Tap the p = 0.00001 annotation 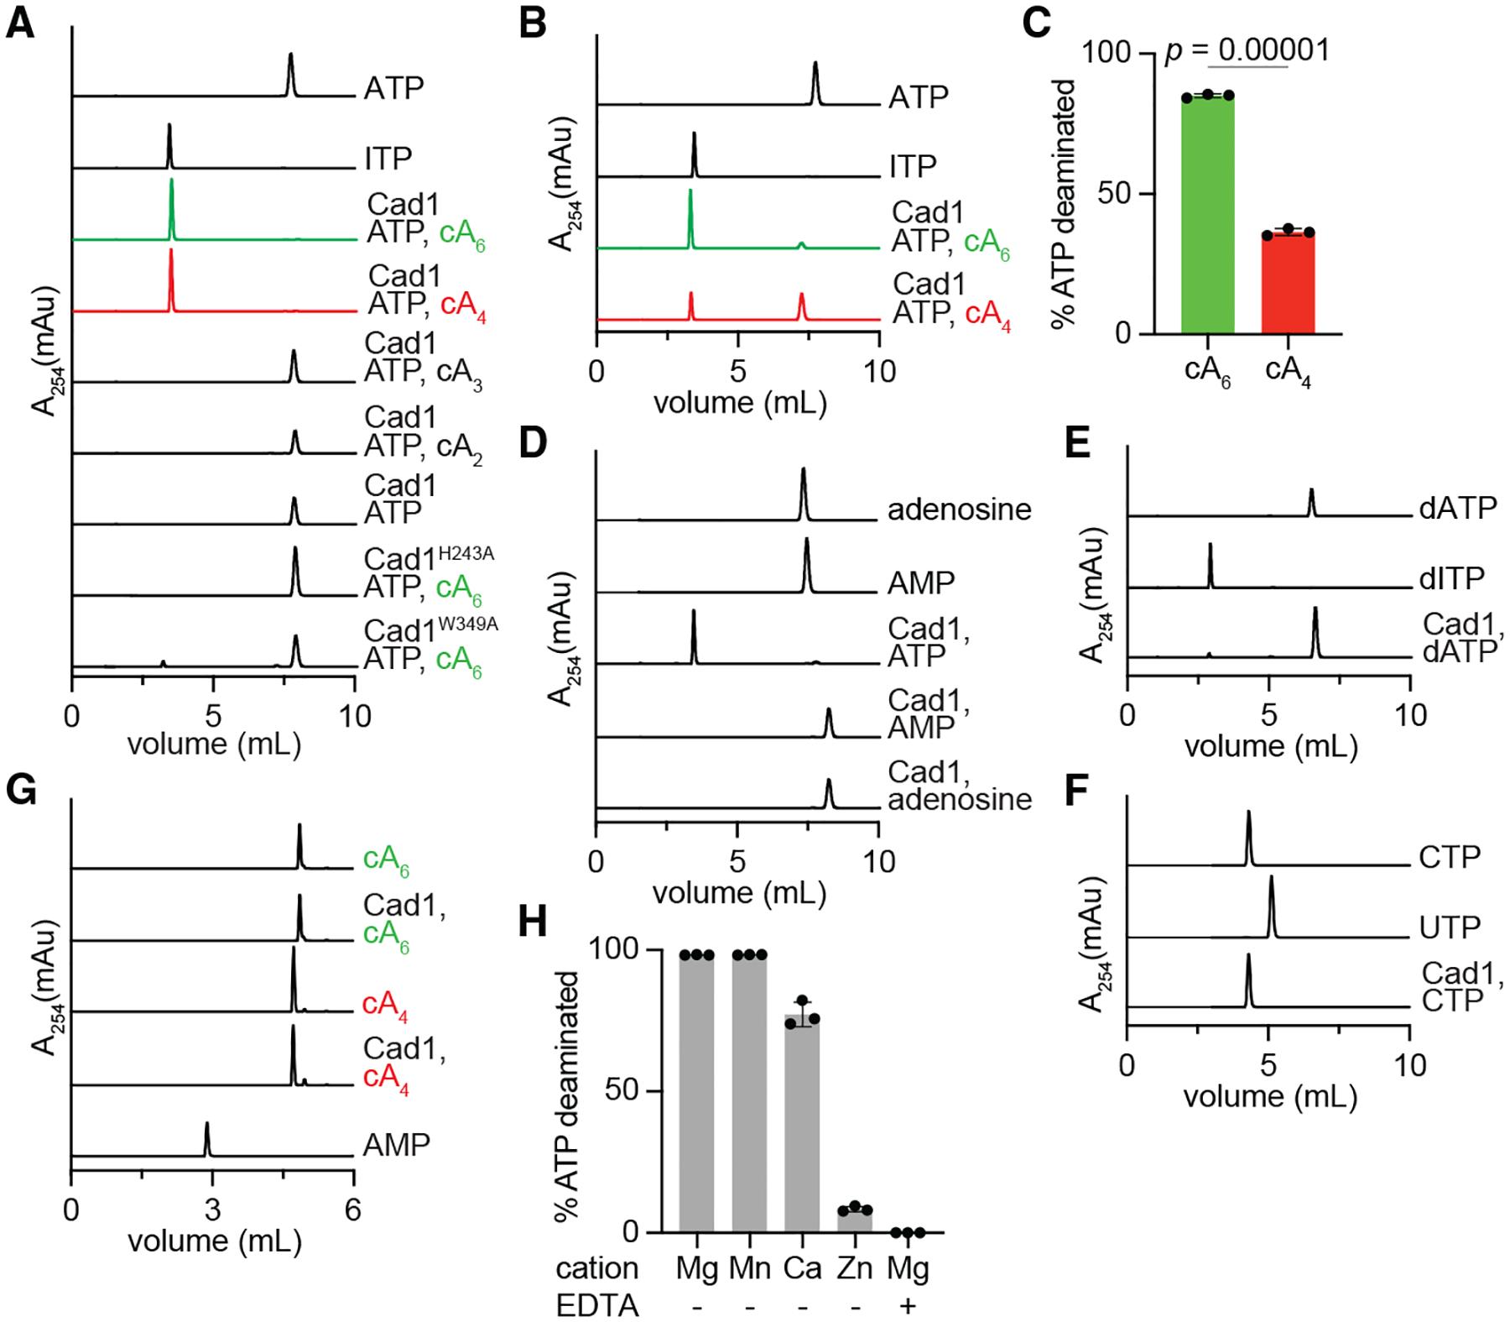click(x=1247, y=51)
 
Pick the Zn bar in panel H click(x=855, y=1220)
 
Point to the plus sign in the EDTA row click(x=908, y=1306)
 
